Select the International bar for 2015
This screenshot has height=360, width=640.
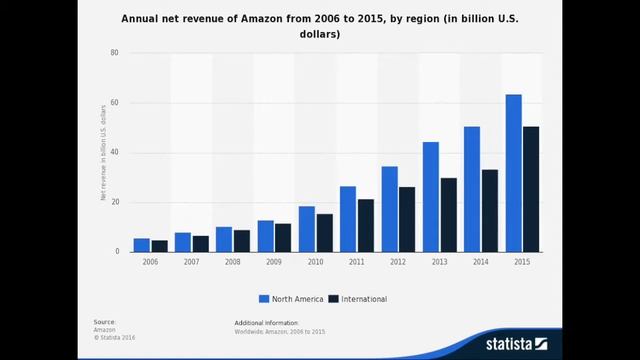531,189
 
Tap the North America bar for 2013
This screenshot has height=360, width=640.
431,197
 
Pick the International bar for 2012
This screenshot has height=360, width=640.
407,219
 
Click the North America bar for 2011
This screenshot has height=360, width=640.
348,219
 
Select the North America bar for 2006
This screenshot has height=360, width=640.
142,245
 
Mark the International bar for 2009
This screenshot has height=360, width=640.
283,237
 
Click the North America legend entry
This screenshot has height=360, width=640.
290,298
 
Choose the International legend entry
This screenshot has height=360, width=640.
358,298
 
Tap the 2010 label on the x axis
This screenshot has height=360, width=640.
315,261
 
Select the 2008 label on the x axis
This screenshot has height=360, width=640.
233,261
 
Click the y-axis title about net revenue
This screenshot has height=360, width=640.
103,152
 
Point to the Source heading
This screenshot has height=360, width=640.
105,322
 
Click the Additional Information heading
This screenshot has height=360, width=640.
266,323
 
